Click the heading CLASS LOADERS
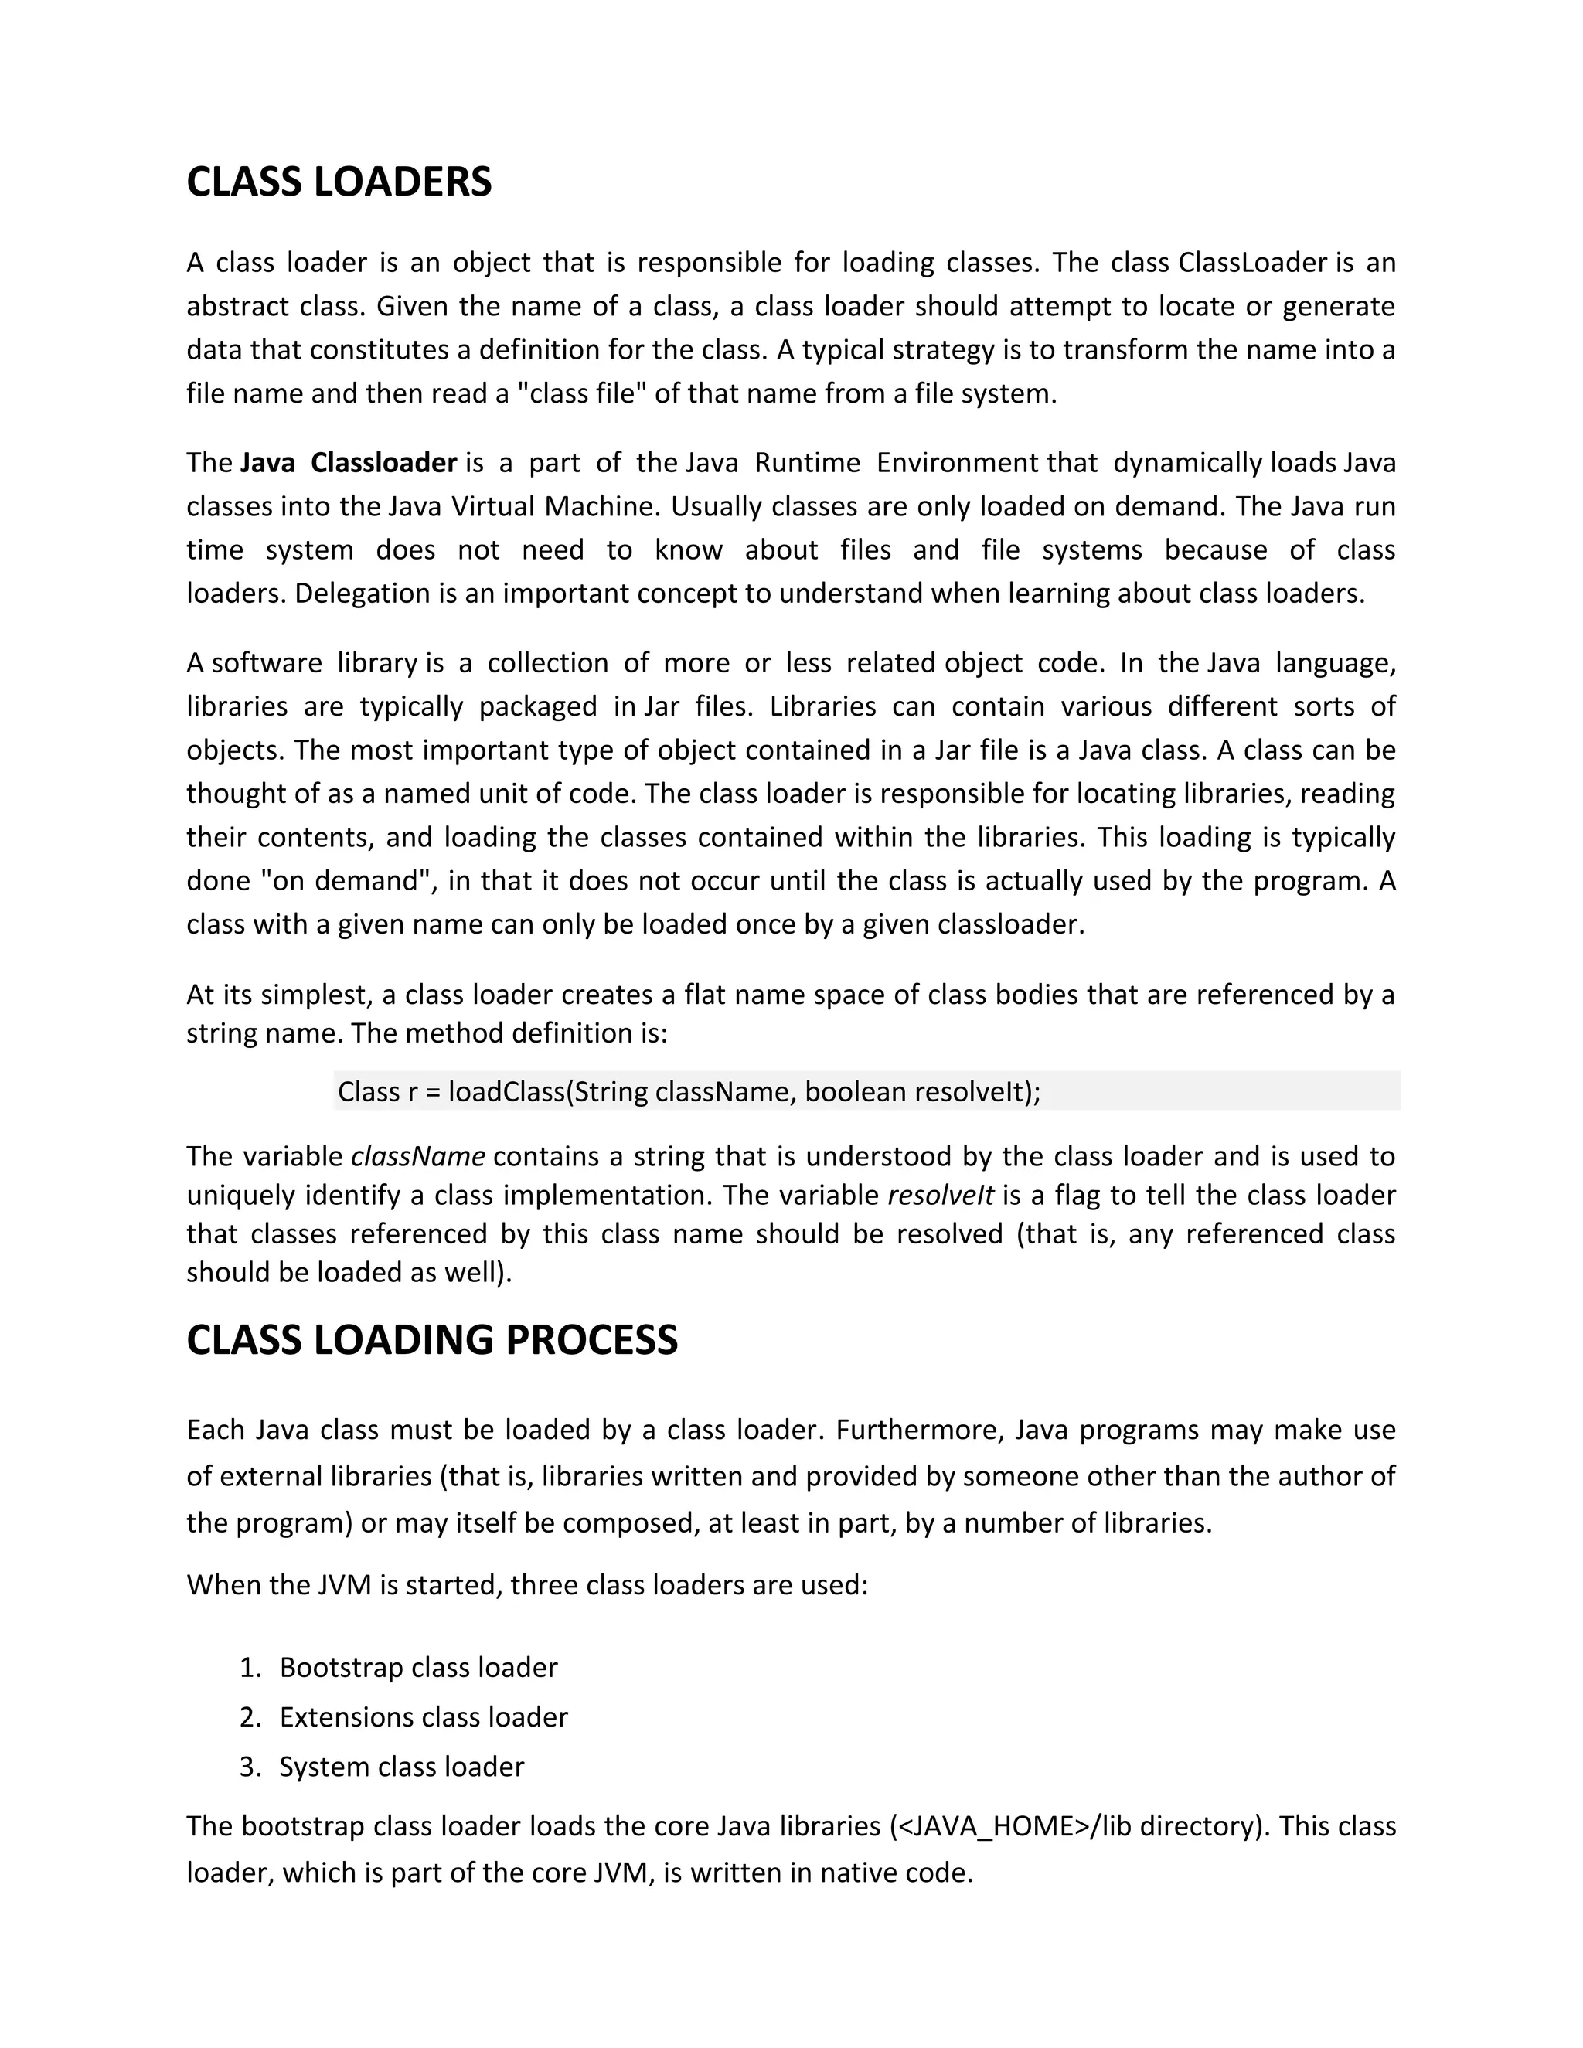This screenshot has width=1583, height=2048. pos(339,182)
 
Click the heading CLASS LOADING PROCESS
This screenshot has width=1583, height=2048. pos(431,1340)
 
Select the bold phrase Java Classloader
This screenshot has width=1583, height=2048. pos(348,463)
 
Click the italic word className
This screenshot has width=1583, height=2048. pos(417,1156)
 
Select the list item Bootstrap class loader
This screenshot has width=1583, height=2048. pos(418,1667)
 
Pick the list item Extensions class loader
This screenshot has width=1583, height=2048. pos(423,1717)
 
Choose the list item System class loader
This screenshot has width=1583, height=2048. pos(401,1767)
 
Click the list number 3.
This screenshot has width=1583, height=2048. pos(249,1767)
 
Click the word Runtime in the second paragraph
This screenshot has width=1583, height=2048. pos(808,463)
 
